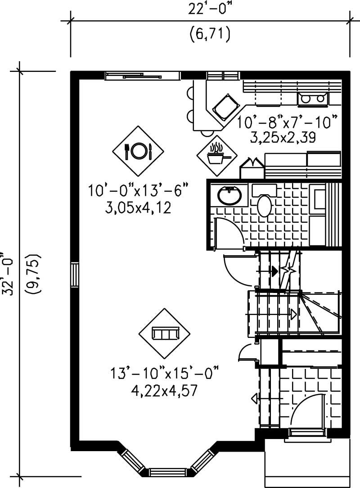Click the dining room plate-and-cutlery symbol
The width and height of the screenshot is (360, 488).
[x=138, y=151]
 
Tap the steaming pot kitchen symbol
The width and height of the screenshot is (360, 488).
[x=217, y=155]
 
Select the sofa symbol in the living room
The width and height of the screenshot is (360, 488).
[x=165, y=333]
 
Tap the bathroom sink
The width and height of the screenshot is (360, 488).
[x=229, y=195]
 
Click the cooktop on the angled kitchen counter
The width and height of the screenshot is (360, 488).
[x=225, y=107]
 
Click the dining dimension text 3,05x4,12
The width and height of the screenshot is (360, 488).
[x=138, y=208]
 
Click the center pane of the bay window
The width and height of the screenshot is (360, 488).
[x=167, y=472]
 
